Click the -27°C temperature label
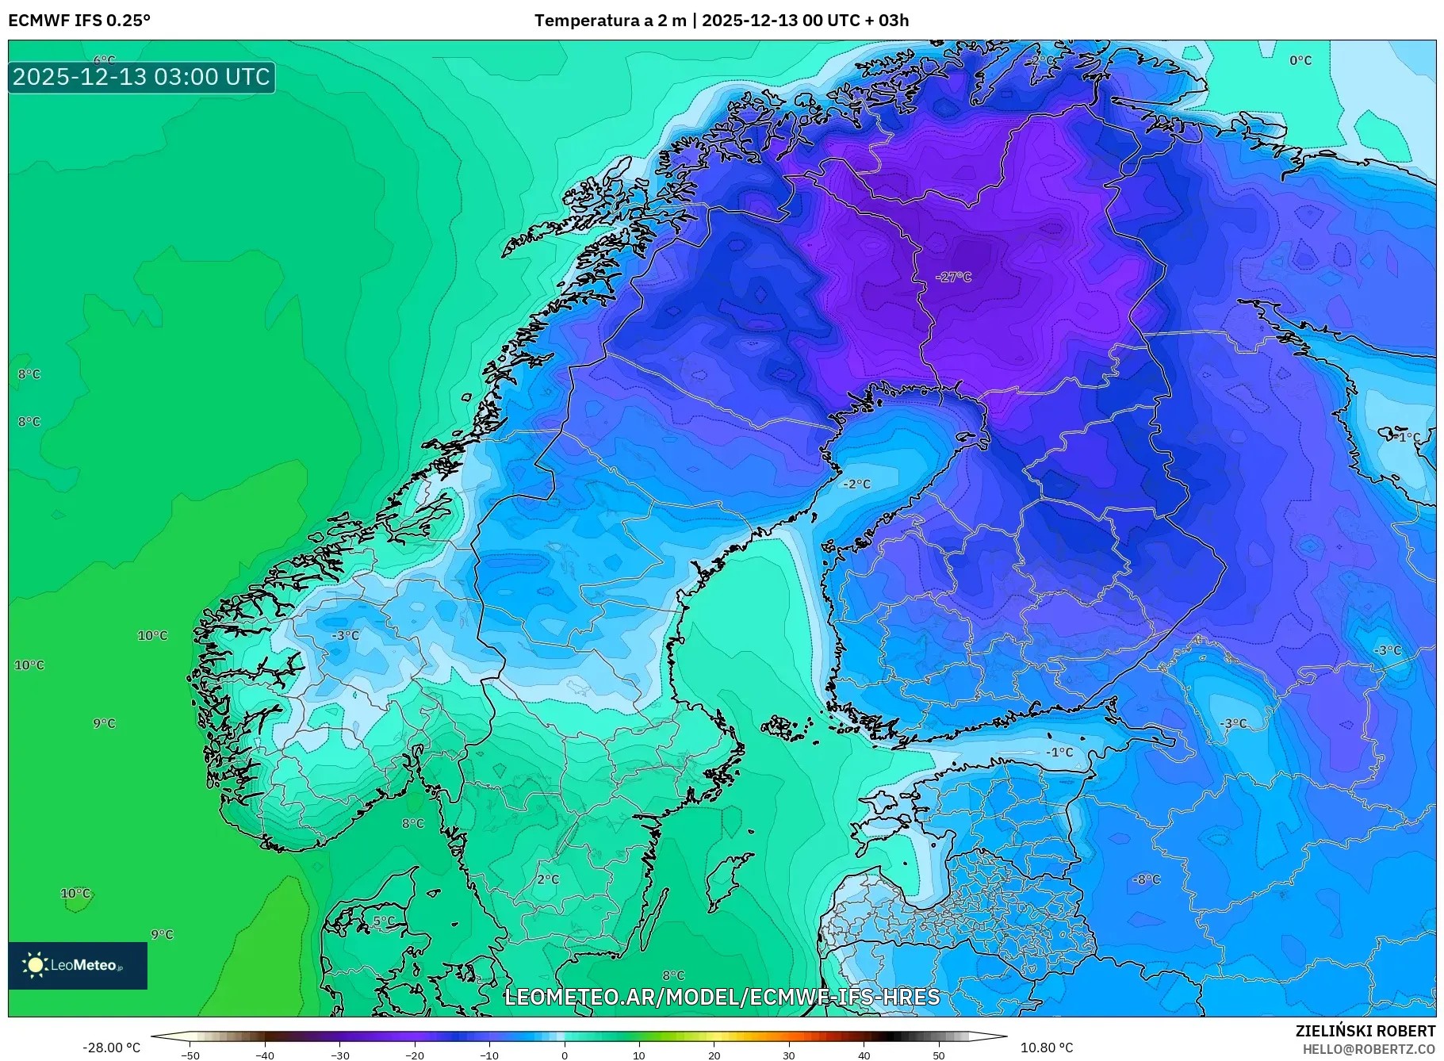coord(952,277)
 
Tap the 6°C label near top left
coord(104,60)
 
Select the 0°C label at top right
coord(1300,60)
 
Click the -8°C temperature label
coord(1145,879)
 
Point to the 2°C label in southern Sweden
coord(547,879)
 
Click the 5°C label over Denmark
coord(383,921)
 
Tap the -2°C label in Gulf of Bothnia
coord(856,484)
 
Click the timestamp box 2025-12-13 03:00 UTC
coord(141,77)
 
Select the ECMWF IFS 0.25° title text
coord(79,21)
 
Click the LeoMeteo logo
coord(77,965)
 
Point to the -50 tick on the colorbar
coord(190,1055)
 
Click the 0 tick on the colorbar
coord(564,1055)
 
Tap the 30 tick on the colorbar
coord(788,1055)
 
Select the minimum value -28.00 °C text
coord(111,1048)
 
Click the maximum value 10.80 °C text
coord(1046,1048)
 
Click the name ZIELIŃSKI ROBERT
coord(1365,1031)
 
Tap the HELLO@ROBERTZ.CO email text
coord(1369,1049)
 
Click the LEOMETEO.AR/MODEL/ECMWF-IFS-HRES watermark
coord(722,997)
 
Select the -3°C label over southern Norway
coord(345,636)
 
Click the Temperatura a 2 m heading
coord(610,21)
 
